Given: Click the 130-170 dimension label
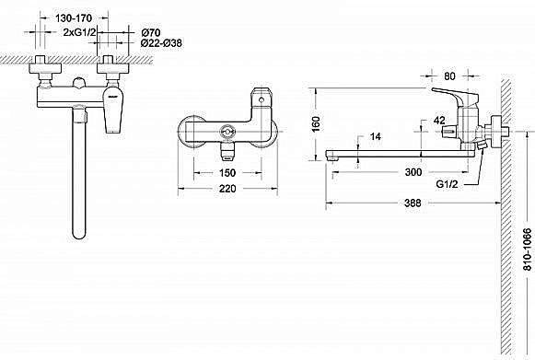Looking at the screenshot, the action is tap(74, 17).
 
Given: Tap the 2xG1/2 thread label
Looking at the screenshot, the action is tap(80, 32).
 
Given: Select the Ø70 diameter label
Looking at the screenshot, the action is tap(150, 33).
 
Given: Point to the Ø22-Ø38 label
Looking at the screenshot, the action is tap(161, 43).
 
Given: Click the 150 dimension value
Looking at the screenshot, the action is tap(227, 173).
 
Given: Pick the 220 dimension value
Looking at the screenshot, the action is tap(227, 189).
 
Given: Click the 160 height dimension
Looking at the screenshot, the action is tap(316, 124).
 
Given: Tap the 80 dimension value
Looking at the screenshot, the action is tap(449, 76).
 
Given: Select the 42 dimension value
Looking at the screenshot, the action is tap(439, 120).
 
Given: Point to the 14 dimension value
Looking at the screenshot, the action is tap(376, 136).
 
